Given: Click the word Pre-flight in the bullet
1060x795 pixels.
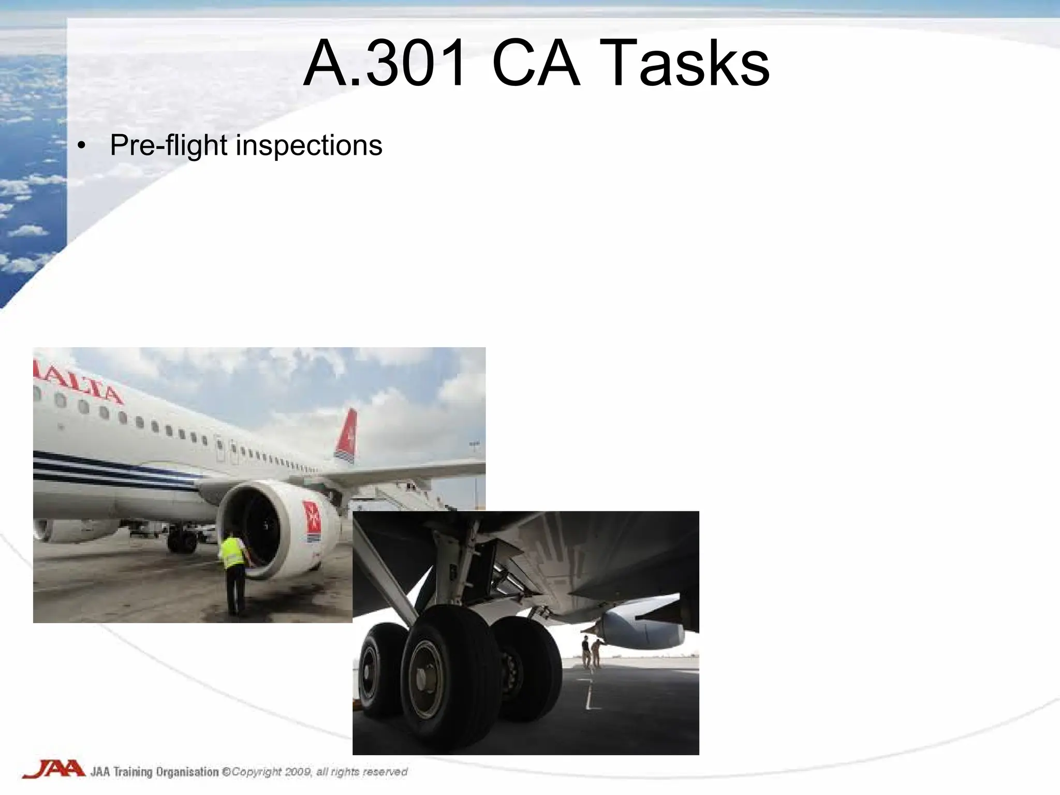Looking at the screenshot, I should pos(169,145).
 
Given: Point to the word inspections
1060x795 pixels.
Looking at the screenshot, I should pos(309,145).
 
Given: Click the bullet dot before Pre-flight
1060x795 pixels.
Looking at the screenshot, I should pos(80,147).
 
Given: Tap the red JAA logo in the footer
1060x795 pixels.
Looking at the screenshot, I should pos(53,770).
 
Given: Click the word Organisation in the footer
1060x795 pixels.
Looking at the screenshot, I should pos(187,772).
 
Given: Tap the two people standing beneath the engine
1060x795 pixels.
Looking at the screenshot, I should pos(591,652).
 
